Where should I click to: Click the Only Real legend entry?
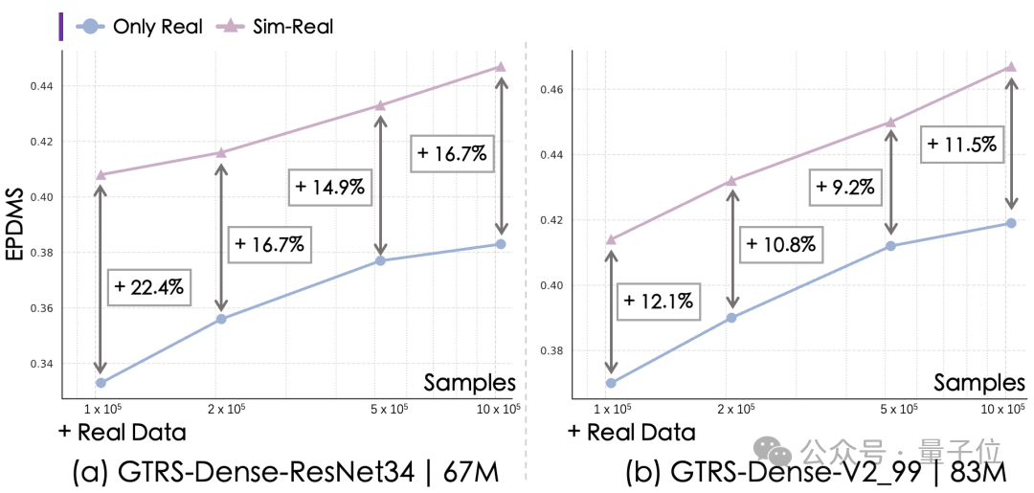click(139, 27)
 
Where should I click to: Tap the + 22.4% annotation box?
click(148, 286)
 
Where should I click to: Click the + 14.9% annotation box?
click(330, 187)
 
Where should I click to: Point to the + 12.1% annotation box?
click(658, 302)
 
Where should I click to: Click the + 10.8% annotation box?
click(781, 244)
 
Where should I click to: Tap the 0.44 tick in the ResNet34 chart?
click(46, 86)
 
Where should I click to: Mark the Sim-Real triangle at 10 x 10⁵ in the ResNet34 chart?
click(501, 67)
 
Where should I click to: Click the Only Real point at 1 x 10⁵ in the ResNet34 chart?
click(101, 382)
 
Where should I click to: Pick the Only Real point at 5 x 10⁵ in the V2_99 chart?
click(890, 246)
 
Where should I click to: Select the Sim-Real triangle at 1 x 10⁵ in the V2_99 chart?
click(611, 239)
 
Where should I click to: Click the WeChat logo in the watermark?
click(773, 452)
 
